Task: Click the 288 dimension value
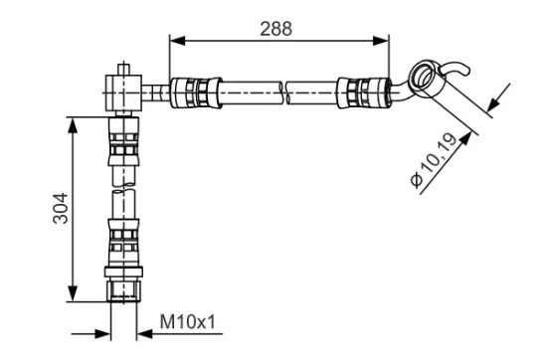point(277,28)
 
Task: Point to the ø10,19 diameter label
point(439,164)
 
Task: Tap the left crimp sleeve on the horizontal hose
point(192,92)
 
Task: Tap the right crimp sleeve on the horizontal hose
point(361,91)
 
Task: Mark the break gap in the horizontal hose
point(286,92)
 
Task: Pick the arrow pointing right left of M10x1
point(99,333)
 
